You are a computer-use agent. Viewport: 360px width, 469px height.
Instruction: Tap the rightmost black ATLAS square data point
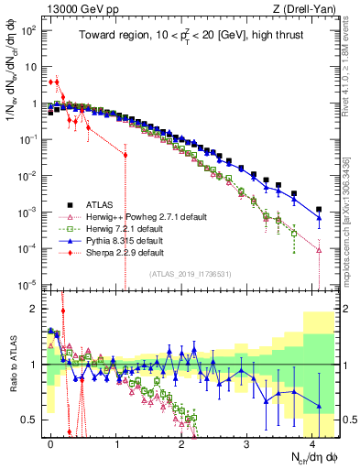point(319,209)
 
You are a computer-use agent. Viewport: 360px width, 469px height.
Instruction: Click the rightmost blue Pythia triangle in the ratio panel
point(319,406)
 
